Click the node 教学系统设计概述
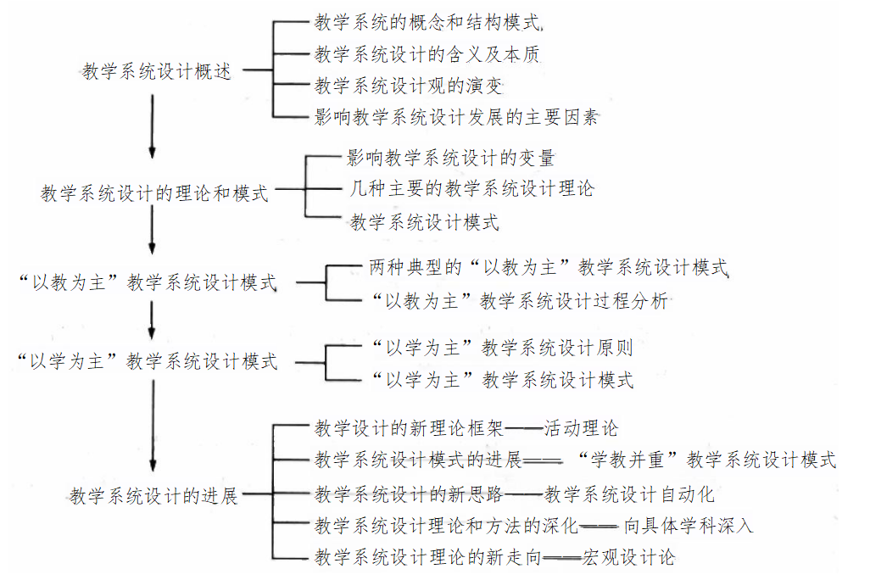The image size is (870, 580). point(157,71)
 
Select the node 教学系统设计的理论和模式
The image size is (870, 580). point(154,193)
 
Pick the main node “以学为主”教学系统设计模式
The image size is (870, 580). point(148,361)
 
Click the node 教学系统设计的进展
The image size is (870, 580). point(154,495)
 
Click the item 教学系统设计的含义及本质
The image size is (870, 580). point(427,54)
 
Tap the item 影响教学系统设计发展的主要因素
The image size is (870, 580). point(456,117)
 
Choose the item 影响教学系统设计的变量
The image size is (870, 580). point(450,158)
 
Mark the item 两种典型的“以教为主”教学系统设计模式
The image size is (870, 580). point(549,268)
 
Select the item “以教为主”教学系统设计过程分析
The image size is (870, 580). point(520,300)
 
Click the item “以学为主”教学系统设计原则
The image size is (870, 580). point(502,348)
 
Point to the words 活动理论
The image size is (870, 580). point(582,428)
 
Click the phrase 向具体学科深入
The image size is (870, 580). point(688,525)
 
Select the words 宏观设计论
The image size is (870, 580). point(629,557)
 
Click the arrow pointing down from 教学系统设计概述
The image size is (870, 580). point(153,125)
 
